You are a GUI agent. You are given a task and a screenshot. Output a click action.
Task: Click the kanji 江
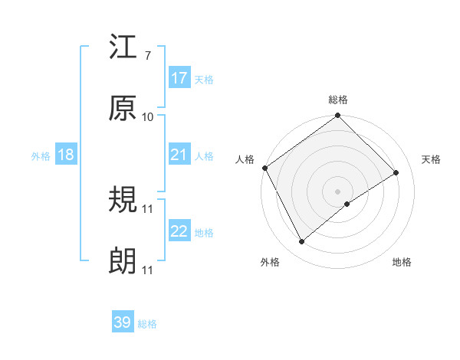click(123, 48)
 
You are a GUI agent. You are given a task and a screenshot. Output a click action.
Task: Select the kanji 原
click(123, 109)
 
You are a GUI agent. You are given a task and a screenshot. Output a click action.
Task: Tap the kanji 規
click(123, 201)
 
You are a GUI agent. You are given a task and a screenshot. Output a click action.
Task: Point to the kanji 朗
click(123, 262)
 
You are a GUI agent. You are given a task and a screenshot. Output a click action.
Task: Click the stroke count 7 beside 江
click(147, 57)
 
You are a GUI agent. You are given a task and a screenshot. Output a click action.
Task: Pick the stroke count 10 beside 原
click(148, 117)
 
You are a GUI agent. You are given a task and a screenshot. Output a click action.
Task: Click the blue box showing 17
click(179, 78)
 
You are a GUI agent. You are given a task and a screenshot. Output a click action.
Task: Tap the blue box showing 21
click(179, 155)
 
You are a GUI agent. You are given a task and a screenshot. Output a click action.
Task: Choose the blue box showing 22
click(179, 231)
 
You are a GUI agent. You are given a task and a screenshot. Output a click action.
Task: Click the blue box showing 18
click(66, 155)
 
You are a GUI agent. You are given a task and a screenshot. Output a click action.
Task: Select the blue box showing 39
click(123, 322)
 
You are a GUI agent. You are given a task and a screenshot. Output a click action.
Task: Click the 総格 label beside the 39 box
click(147, 324)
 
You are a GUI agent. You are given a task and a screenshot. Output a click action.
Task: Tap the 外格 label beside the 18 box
click(41, 156)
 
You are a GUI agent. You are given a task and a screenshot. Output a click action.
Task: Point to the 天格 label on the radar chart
click(432, 159)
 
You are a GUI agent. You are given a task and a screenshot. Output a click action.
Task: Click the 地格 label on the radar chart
click(402, 263)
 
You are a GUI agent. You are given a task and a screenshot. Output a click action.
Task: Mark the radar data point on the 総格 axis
click(337, 116)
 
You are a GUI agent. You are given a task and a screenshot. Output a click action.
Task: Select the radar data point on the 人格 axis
click(265, 168)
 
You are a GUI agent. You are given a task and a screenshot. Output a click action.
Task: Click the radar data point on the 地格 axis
click(347, 204)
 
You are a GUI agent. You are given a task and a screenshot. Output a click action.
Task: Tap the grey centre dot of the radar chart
click(337, 190)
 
